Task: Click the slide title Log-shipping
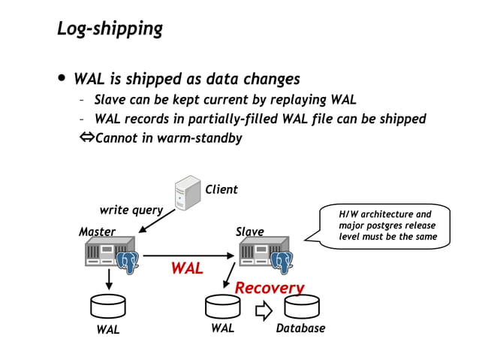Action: [110, 29]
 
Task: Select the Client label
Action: [221, 189]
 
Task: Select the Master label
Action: [97, 231]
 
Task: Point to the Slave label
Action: [249, 231]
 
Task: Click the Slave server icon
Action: [265, 255]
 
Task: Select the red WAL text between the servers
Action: [186, 268]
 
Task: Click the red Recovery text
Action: [270, 288]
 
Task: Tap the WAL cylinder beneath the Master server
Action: [107, 307]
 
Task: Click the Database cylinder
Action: [300, 307]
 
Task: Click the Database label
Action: [300, 328]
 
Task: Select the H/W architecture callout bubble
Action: [385, 225]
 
